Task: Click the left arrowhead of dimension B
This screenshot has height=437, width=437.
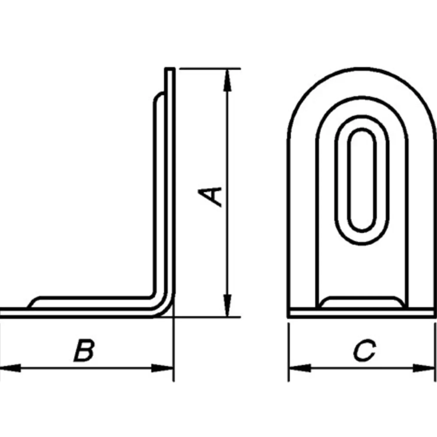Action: [10, 368]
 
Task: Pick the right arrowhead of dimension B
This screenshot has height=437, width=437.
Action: [163, 368]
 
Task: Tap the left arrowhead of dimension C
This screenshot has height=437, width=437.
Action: [299, 368]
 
